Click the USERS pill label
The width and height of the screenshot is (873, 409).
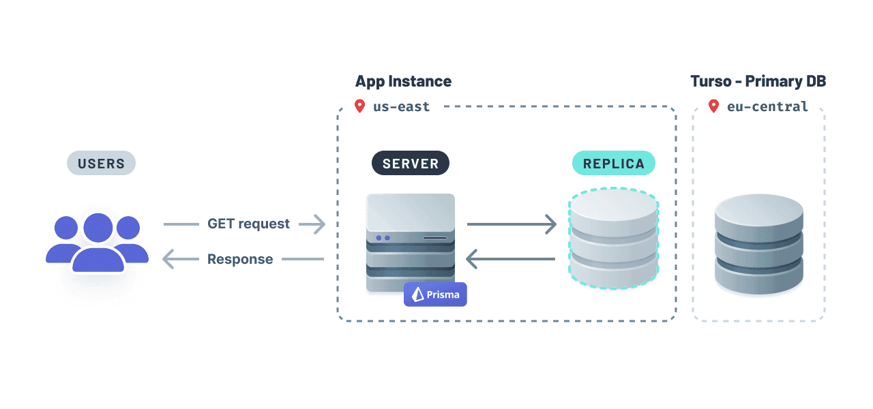click(x=101, y=164)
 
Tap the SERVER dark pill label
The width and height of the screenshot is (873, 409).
click(x=410, y=164)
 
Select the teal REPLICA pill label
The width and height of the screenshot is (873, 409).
click(x=613, y=164)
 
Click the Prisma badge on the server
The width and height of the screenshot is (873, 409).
click(x=435, y=294)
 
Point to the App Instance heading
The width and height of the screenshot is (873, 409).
click(x=403, y=81)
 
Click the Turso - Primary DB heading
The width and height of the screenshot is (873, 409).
click(x=758, y=81)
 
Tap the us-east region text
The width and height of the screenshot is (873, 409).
click(x=401, y=106)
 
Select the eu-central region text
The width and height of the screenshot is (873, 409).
click(x=767, y=106)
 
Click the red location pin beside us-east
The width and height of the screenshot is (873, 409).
click(x=359, y=106)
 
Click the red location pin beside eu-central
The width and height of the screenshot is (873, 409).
click(x=713, y=106)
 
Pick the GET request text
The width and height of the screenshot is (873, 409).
click(x=248, y=224)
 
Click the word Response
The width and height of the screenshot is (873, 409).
click(x=240, y=259)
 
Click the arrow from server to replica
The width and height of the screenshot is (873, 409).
click(x=511, y=224)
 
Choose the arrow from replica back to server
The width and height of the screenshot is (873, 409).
click(x=511, y=259)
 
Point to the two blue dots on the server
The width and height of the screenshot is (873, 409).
click(x=383, y=238)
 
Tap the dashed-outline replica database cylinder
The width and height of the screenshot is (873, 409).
click(x=613, y=239)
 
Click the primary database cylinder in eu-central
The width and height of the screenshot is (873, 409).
click(x=758, y=244)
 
